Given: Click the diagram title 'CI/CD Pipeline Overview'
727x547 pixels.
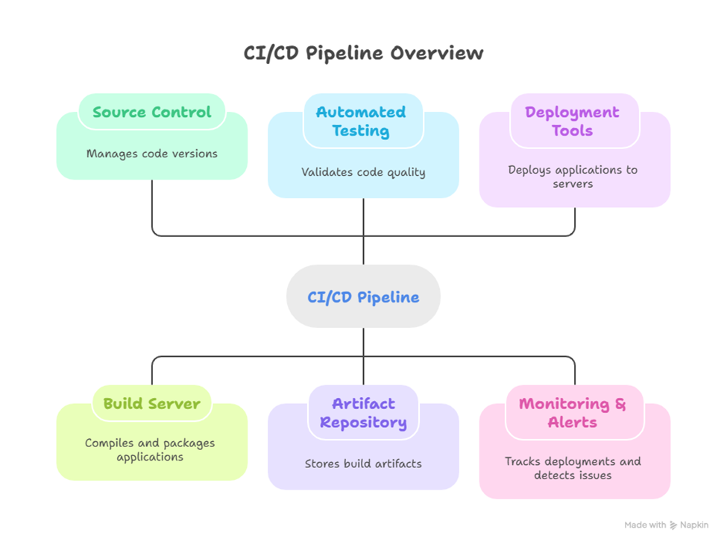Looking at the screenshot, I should click(363, 54).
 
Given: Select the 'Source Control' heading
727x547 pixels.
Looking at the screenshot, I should click(152, 113).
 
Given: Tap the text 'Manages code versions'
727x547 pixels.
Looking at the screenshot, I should click(152, 154).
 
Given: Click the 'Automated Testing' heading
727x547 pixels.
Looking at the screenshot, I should click(363, 121).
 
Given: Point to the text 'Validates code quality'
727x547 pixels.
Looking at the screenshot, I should click(363, 172).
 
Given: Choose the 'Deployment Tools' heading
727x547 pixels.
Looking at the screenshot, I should click(572, 121).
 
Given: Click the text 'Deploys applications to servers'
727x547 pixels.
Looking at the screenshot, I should click(573, 177).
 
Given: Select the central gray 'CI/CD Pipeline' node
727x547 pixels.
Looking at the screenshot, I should click(363, 297).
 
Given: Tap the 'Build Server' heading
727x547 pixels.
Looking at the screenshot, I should click(152, 404).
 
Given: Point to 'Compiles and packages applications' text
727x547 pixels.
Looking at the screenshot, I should click(150, 449).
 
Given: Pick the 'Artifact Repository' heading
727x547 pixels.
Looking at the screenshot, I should click(363, 413).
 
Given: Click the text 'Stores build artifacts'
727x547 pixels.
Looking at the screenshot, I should click(363, 464).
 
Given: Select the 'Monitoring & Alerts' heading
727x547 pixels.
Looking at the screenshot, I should click(573, 413).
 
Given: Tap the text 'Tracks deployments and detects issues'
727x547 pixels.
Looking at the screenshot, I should click(573, 468).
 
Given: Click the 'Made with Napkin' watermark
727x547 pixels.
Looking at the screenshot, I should click(667, 525).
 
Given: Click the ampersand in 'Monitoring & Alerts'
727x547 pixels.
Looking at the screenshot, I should click(620, 404).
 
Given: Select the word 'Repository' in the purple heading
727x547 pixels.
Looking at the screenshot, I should click(363, 423).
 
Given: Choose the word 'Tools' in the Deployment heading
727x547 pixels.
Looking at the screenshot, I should click(572, 131).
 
